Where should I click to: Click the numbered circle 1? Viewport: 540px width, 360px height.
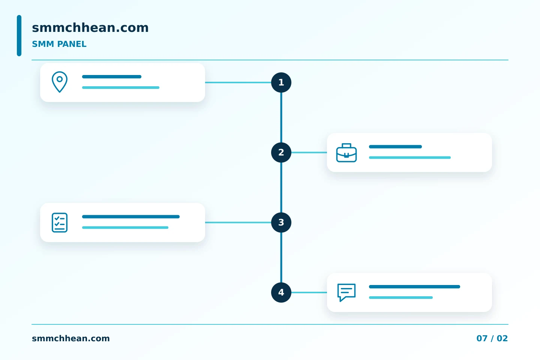(281, 82)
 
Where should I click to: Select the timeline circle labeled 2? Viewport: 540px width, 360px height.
(281, 152)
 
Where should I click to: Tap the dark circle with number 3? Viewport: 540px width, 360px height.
(281, 222)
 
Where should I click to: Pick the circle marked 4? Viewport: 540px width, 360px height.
(281, 292)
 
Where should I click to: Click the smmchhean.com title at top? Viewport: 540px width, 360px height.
(90, 27)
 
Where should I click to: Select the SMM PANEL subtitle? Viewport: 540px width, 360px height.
(59, 44)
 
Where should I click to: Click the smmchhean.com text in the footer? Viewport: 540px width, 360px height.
(70, 338)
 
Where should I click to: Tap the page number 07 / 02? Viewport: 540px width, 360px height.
(492, 338)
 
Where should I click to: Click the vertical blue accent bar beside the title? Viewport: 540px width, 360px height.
(19, 36)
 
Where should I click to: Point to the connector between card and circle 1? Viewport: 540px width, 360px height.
(238, 82)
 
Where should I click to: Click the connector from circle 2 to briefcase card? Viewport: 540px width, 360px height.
(309, 152)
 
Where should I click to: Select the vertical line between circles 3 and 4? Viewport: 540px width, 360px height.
(281, 257)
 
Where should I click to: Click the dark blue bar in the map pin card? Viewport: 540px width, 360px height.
(112, 76)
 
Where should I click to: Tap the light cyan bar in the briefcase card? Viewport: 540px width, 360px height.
(410, 157)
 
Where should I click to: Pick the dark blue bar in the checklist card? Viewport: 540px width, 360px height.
(131, 216)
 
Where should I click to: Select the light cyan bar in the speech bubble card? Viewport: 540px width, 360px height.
(400, 297)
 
